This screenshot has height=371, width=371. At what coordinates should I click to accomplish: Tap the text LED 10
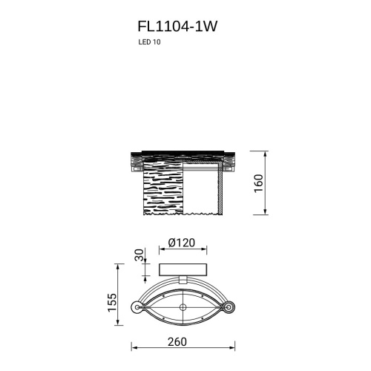[x=148, y=43]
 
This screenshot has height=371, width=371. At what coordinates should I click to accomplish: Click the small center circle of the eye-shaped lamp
[x=182, y=307]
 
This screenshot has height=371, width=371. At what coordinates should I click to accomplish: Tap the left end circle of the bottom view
[x=136, y=307]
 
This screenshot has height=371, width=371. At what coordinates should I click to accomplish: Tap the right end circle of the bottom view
[x=229, y=307]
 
